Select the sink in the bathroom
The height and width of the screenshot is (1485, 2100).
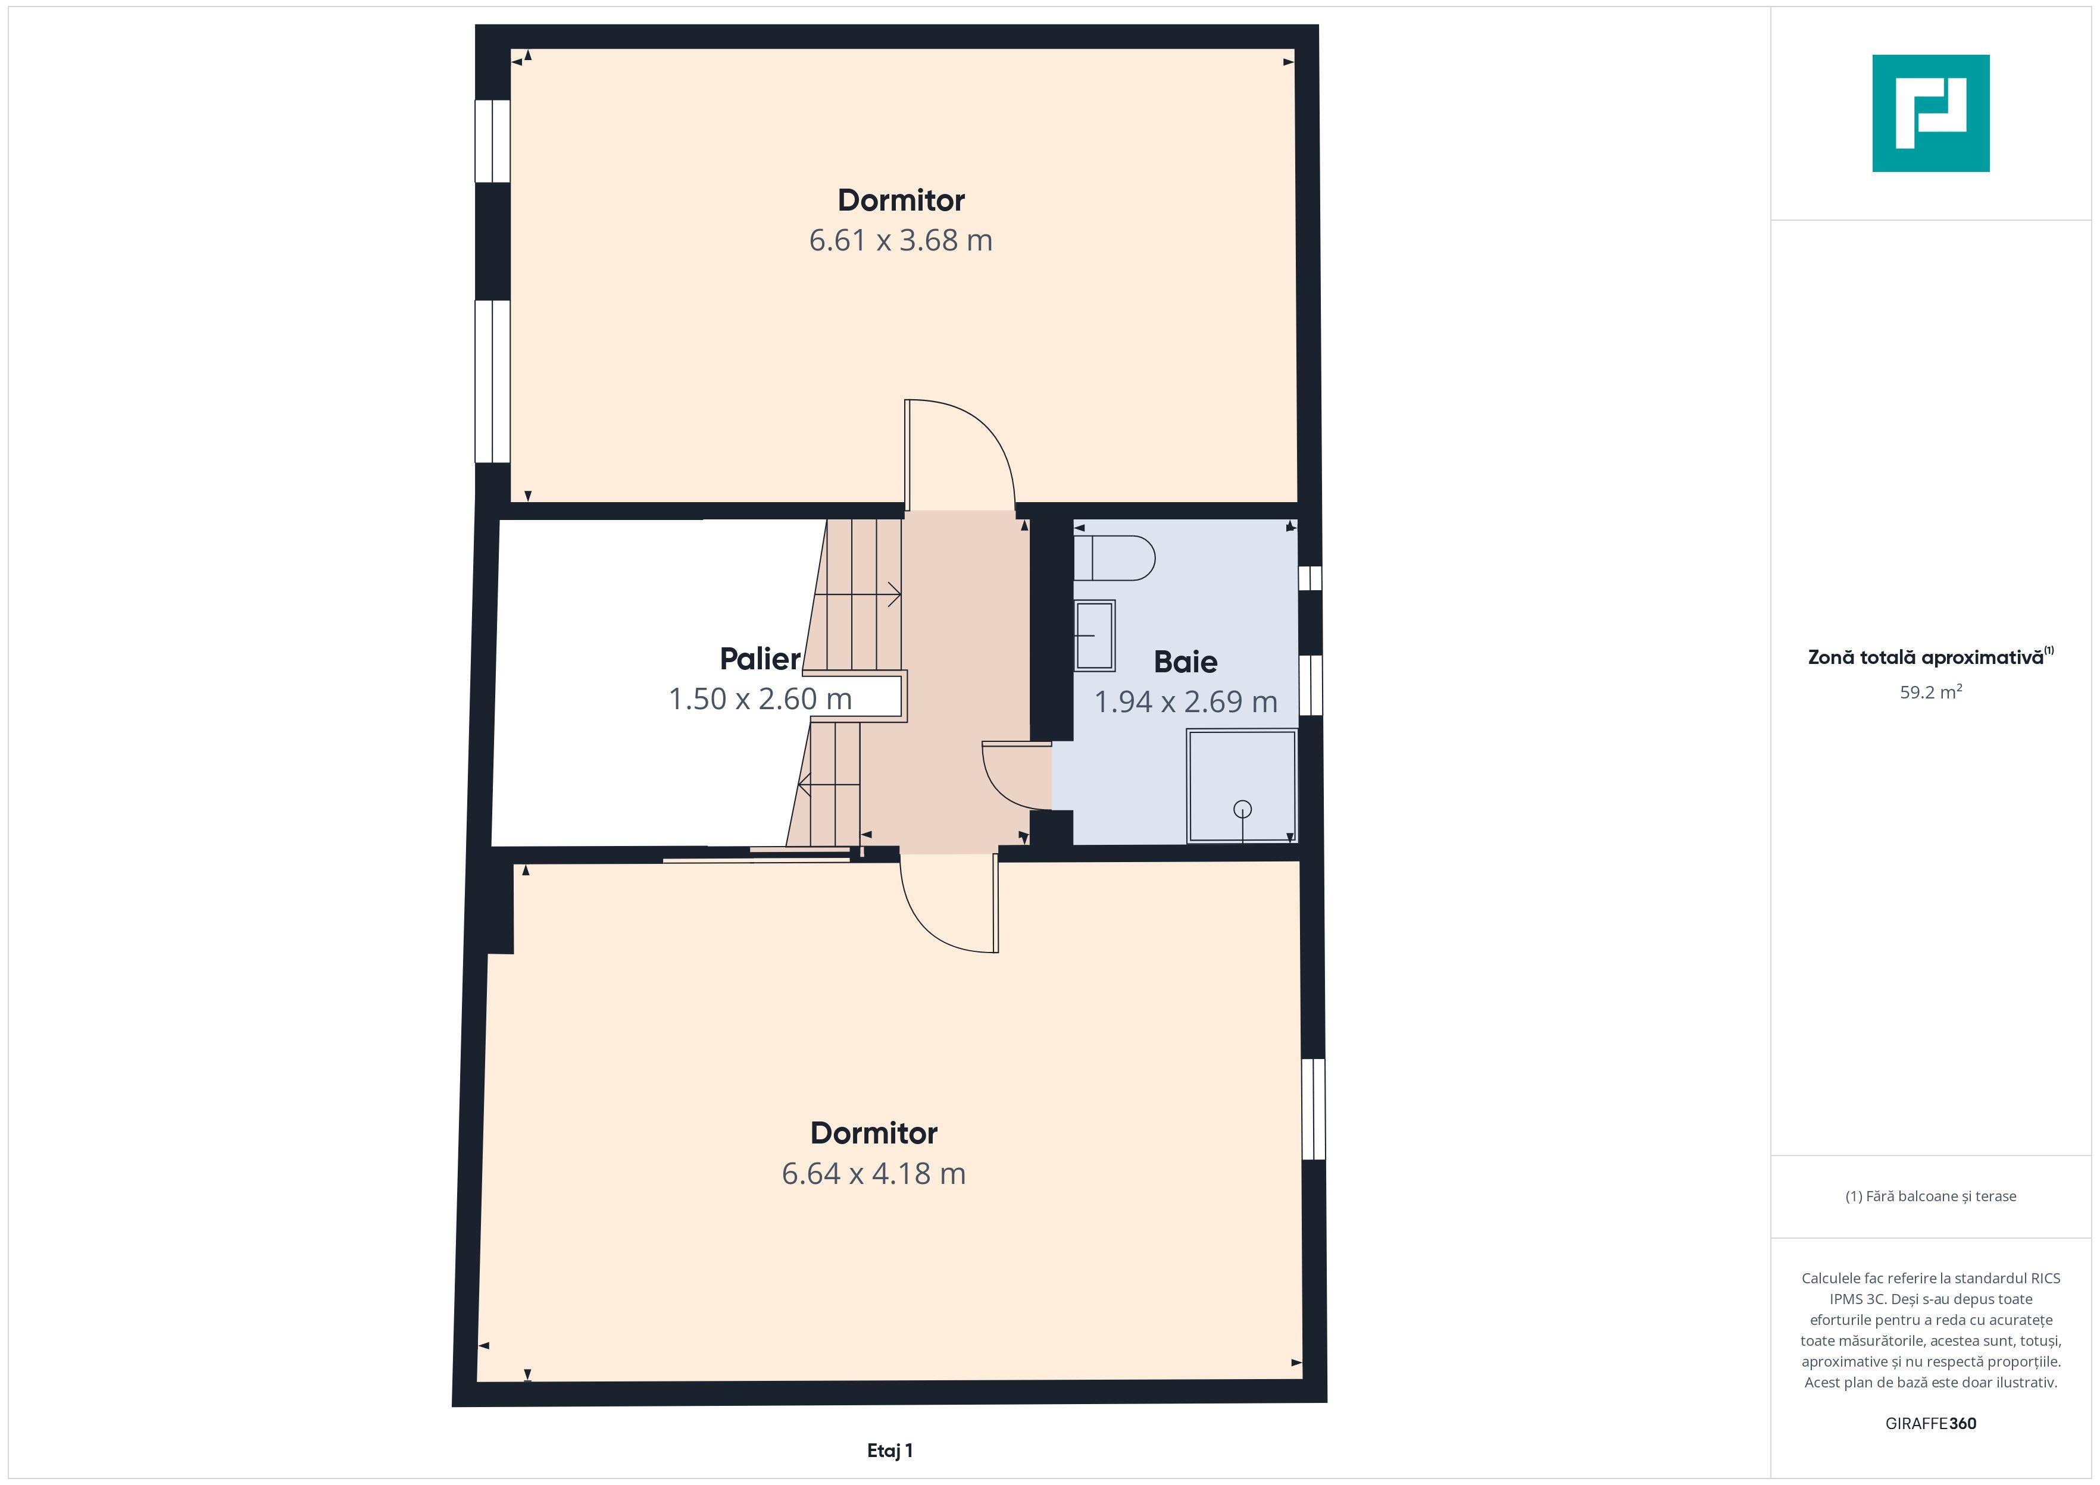1094,635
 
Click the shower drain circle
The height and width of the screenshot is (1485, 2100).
1242,809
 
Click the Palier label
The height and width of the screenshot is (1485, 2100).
760,659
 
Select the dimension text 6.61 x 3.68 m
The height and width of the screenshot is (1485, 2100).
901,240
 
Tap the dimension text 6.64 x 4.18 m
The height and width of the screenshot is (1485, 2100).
873,1173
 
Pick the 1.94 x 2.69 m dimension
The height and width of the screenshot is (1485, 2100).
1185,701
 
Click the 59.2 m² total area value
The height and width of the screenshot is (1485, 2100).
1931,692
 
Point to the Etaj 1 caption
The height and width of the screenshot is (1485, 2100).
890,1450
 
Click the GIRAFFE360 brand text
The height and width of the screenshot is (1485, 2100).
1931,1424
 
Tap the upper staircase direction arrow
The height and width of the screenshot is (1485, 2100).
857,596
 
